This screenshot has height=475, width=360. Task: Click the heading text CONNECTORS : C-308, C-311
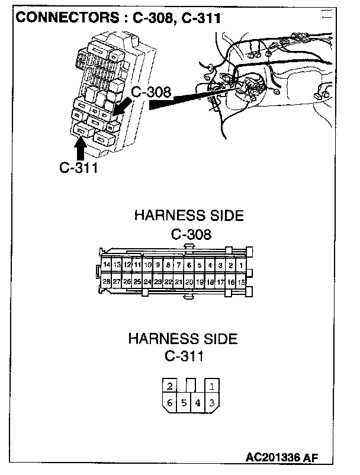coord(118,17)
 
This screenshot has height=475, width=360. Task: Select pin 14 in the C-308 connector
coord(107,265)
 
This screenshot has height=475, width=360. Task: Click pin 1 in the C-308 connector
coord(241,265)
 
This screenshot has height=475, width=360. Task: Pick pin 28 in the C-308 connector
coord(107,282)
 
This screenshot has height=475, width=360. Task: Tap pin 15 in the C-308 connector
coord(241,282)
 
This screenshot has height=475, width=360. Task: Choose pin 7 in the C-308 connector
coord(179,265)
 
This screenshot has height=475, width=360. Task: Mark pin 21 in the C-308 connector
coord(179,282)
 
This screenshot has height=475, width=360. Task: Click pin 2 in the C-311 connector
coord(169,387)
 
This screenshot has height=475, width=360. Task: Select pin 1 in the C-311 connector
coord(212,387)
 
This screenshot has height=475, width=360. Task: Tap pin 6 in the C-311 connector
coord(169,403)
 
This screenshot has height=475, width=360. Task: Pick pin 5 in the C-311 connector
coord(184,403)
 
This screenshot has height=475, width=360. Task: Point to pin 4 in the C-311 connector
coord(198,403)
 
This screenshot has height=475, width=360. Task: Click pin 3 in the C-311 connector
coord(212,403)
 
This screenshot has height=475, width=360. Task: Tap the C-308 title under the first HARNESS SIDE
coord(191,234)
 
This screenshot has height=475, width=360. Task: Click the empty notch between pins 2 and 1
coord(191,386)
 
